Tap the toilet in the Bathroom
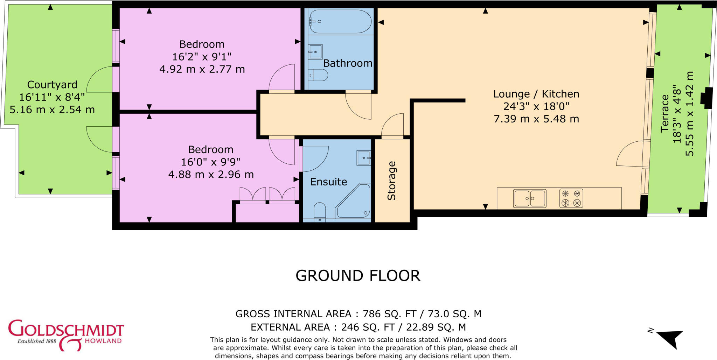click(x=318, y=75)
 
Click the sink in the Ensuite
click(x=363, y=158)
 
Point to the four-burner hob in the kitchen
click(x=571, y=198)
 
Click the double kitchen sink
click(x=529, y=198)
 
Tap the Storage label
click(x=391, y=181)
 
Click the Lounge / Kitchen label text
click(x=536, y=94)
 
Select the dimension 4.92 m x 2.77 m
click(x=202, y=69)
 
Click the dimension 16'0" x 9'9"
click(x=210, y=162)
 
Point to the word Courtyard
click(x=52, y=85)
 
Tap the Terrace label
click(x=665, y=113)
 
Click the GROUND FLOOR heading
click(x=358, y=276)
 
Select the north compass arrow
click(x=669, y=339)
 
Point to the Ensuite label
click(x=328, y=182)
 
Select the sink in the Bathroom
click(x=315, y=52)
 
